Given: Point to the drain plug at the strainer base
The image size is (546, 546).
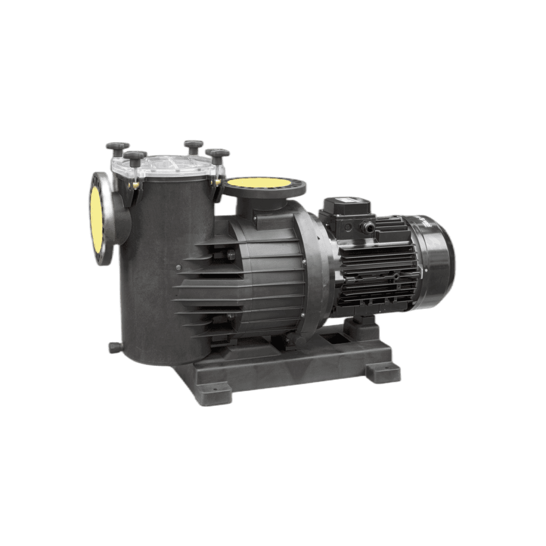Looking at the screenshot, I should coord(114,347).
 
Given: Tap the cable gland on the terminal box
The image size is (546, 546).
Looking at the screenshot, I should coord(367,228).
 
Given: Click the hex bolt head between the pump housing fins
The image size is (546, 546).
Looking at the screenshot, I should coord(230,256).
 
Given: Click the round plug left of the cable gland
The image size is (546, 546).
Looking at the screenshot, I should coord(348,227).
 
